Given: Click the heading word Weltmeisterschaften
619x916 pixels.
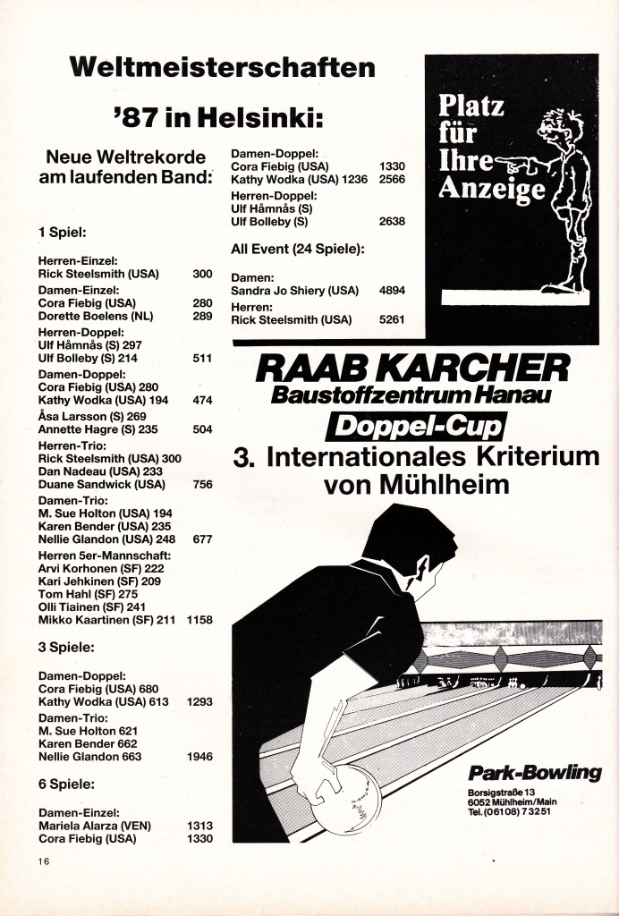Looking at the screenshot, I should click(x=222, y=68).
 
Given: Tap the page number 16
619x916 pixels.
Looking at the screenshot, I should click(x=43, y=861).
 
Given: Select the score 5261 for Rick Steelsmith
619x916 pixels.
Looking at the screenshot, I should click(x=392, y=319).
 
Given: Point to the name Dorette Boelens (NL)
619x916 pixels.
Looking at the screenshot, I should click(x=96, y=316).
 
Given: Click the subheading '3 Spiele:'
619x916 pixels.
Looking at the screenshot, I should click(x=68, y=645).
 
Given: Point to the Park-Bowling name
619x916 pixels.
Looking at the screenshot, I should click(x=534, y=773).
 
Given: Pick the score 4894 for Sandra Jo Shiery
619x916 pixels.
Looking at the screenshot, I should click(x=392, y=291).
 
